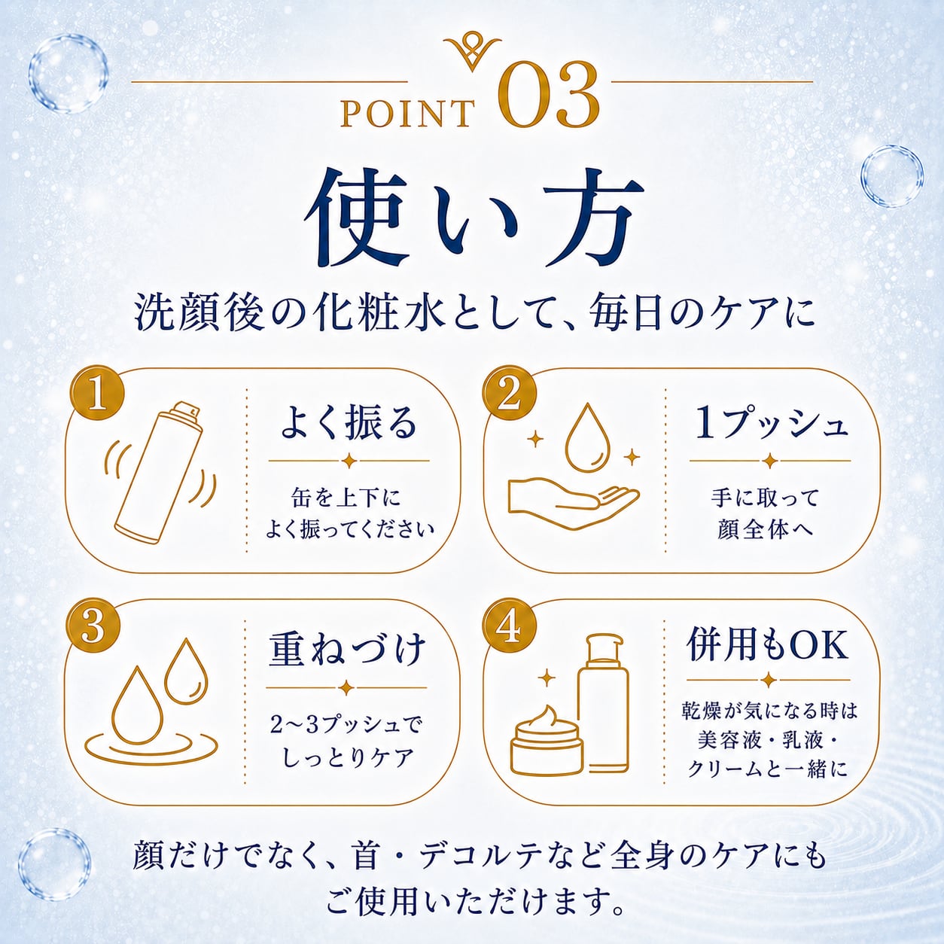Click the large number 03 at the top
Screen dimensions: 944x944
tap(550, 95)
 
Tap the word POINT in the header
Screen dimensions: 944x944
tap(407, 112)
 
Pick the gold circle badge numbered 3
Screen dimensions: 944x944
tap(93, 627)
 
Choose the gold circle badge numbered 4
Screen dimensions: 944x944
tap(510, 627)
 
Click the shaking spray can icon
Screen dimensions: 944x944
tap(159, 470)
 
